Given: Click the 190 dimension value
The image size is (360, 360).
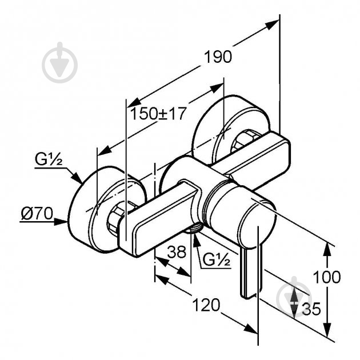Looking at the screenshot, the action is (218, 57).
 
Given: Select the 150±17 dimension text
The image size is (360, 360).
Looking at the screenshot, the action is (158, 113).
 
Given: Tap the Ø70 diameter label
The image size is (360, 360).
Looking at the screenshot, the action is (37, 214).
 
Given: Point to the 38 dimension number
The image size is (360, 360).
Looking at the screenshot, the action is (177, 252).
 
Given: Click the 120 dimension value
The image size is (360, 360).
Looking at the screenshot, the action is (206, 305).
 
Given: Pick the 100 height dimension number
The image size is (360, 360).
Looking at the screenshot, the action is (327, 277).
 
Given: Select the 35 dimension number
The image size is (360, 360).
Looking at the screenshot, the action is (311, 309).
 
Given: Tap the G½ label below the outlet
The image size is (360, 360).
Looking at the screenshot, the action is (216, 260).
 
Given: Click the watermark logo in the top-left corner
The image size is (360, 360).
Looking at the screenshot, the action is (59, 62).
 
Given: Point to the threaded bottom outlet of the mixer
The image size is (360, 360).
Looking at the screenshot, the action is (194, 229).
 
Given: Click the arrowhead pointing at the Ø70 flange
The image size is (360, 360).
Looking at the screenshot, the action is (61, 222).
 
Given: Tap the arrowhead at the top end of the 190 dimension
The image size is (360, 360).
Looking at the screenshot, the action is (273, 25).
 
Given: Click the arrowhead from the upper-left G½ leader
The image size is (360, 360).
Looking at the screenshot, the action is (77, 177).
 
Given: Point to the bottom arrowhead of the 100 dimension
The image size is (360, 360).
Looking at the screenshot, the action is (327, 330).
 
